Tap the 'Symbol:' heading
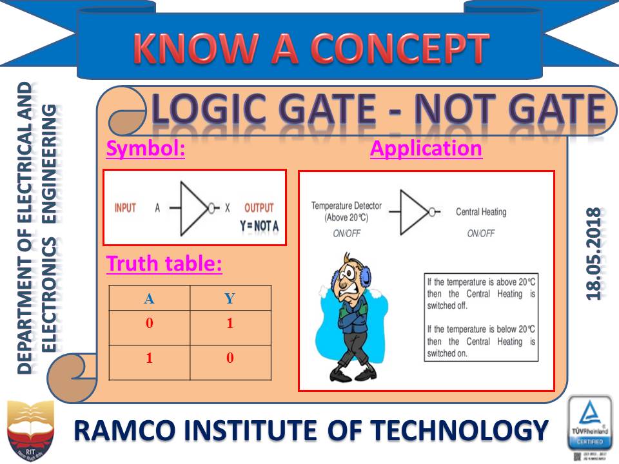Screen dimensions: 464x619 (146, 149)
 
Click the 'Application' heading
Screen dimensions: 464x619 (426, 149)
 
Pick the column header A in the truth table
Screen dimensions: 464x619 (150, 298)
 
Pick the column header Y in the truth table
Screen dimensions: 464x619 (230, 298)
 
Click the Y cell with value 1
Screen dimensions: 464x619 (230, 324)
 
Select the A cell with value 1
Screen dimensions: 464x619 (150, 358)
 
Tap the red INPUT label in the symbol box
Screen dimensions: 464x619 (125, 208)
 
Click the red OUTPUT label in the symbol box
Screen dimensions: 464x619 (259, 208)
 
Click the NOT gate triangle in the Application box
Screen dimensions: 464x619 (414, 211)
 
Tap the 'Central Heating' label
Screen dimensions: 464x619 (481, 211)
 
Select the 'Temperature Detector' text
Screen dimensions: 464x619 (346, 206)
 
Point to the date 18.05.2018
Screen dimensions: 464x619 (594, 253)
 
